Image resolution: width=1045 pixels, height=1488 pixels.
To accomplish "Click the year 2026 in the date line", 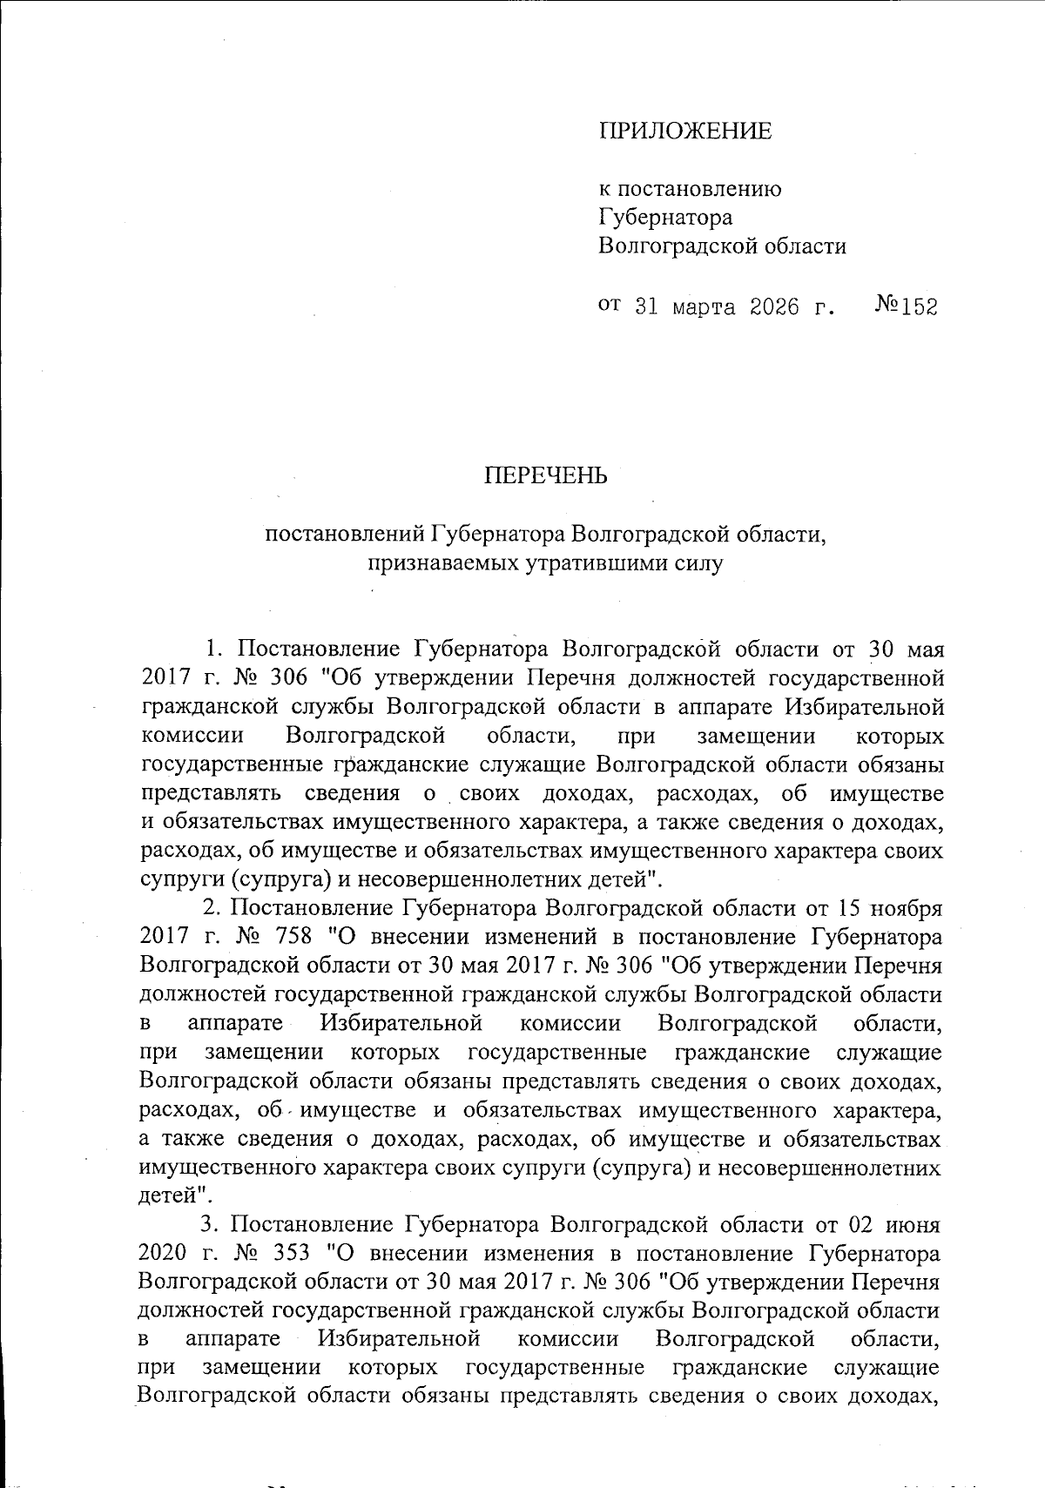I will click(774, 307).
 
